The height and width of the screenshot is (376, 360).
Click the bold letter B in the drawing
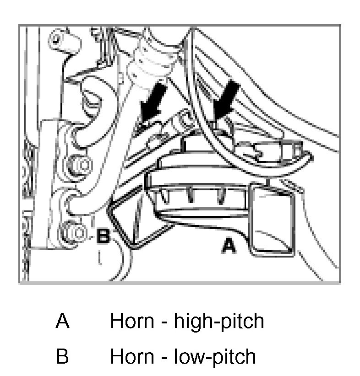click(103, 236)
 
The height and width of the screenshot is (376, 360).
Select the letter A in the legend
click(62, 322)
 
